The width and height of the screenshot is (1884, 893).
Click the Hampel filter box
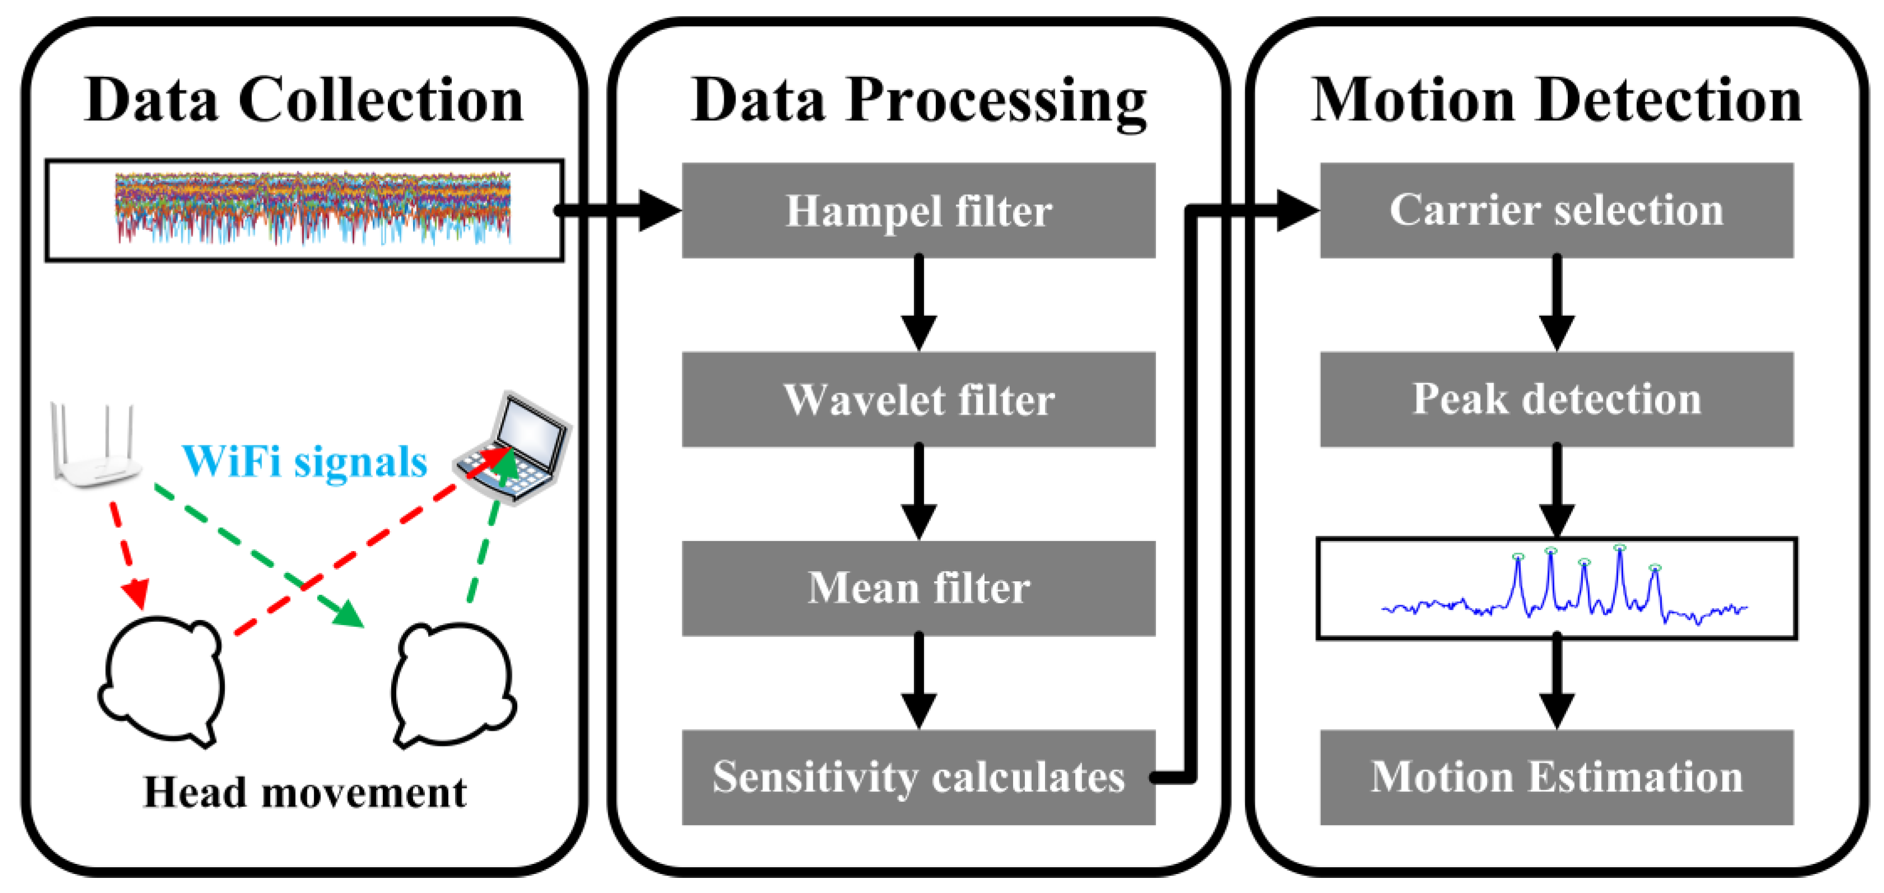pyautogui.click(x=918, y=210)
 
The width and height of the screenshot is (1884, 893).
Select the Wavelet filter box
pyautogui.click(x=918, y=399)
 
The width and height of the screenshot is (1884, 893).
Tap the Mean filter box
pyautogui.click(x=918, y=588)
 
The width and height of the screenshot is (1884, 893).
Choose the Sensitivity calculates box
pyautogui.click(x=918, y=777)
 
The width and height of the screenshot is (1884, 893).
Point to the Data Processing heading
pyautogui.click(x=918, y=100)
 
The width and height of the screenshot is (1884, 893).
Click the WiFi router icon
pyautogui.click(x=95, y=446)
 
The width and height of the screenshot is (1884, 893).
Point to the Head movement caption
pyautogui.click(x=304, y=792)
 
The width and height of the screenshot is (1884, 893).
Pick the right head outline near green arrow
pyautogui.click(x=453, y=684)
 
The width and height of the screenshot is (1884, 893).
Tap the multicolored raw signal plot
pyautogui.click(x=312, y=209)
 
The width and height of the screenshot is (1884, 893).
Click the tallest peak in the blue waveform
pyautogui.click(x=1619, y=550)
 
